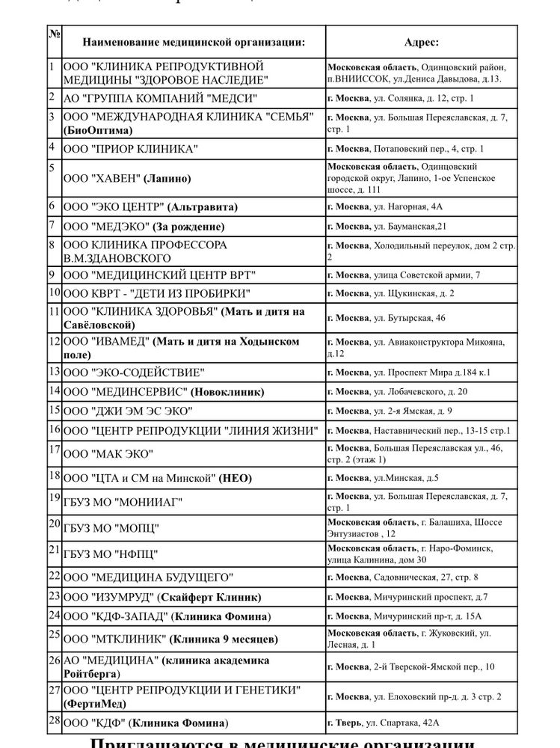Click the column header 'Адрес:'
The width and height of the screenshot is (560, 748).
pos(421,43)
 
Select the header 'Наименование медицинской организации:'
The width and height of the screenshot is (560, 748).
pos(194,43)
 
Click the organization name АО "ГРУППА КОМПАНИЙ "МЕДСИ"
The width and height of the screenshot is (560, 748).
pos(161,98)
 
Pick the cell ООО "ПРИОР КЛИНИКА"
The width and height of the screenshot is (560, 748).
pos(131,149)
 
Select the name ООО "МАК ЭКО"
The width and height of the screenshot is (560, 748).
pos(108,454)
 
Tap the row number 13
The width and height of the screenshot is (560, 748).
pos(54,370)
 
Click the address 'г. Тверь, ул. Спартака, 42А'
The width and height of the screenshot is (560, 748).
pos(383,723)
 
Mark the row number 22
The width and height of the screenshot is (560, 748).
pos(54,575)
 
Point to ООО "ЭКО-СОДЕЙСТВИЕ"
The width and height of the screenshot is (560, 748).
pos(135,373)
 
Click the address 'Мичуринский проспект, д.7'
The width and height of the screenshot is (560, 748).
pos(430,597)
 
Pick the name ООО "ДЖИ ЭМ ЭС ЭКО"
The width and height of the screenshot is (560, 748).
pos(128,411)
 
